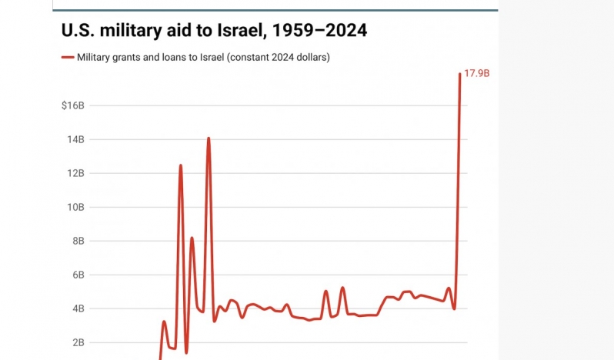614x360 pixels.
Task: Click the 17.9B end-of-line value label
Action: [477, 73]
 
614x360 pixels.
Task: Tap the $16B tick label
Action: [73, 105]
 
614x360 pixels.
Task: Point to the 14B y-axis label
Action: [75, 139]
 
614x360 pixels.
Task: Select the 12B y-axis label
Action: [75, 173]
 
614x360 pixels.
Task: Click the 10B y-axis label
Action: [75, 207]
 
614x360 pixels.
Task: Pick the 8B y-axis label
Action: [78, 241]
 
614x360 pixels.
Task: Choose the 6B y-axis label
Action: [78, 275]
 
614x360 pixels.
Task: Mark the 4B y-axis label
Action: [78, 308]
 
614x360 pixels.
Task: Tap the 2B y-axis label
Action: [78, 342]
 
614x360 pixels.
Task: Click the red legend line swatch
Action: [67, 58]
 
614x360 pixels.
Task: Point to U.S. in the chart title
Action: [79, 32]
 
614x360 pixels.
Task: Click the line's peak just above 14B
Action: [208, 138]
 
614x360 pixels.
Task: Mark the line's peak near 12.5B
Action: [181, 165]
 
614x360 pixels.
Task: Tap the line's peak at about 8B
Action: [192, 238]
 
